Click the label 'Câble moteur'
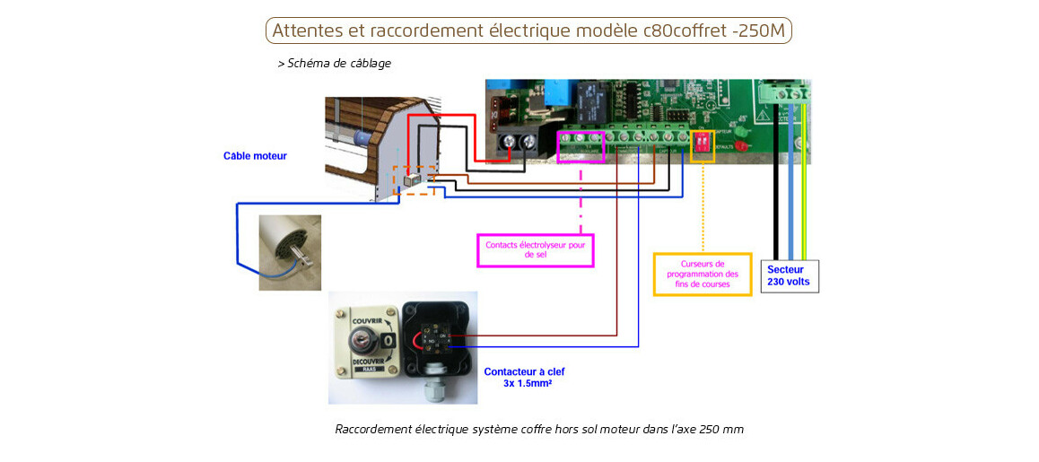point(255,156)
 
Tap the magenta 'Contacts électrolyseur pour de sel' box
point(535,249)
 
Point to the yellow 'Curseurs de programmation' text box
point(703,274)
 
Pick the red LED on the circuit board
point(741,144)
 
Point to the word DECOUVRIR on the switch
point(362,361)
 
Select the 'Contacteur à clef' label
point(524,371)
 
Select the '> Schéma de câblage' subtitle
point(334,64)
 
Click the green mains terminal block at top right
point(783,92)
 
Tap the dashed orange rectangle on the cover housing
point(414,180)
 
